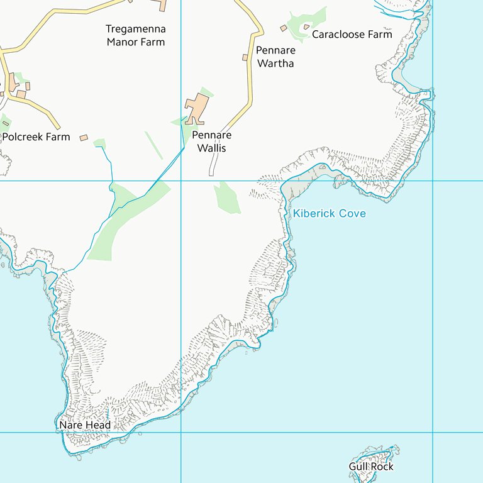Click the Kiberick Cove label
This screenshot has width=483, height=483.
(329, 214)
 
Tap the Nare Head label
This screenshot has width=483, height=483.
(85, 426)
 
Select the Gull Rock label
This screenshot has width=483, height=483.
(371, 467)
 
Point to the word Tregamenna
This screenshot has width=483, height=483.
(136, 29)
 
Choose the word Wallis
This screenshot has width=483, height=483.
(211, 148)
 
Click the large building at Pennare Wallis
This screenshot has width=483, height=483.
(196, 109)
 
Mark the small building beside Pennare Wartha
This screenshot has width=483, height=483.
(245, 58)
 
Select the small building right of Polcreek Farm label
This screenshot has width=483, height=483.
(84, 137)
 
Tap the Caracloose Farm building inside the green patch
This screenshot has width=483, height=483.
(306, 26)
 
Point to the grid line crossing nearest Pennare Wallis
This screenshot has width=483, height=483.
(181, 181)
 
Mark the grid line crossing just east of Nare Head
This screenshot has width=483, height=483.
(181, 433)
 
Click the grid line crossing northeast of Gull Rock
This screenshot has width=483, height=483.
(433, 433)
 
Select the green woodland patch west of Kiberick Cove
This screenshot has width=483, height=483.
(227, 197)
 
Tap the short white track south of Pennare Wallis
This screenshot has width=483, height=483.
(213, 165)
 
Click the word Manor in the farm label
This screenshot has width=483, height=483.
(121, 42)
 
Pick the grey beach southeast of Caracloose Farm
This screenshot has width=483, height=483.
(406, 80)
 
